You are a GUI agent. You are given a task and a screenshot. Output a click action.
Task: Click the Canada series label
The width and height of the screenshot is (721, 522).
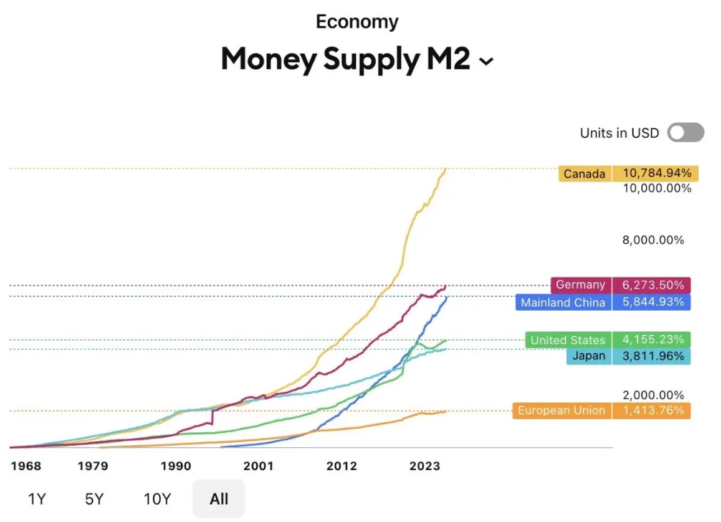pos(585,174)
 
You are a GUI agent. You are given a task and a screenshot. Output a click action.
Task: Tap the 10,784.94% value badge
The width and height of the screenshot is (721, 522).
pos(655,173)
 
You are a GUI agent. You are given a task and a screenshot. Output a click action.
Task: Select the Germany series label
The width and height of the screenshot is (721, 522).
pos(581,285)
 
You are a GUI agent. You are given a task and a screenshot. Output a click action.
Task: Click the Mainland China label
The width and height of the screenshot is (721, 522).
pos(563,302)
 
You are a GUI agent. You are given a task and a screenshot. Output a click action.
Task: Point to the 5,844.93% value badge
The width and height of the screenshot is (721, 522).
pos(652,302)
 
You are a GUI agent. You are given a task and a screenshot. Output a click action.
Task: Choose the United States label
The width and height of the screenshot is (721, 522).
pos(568,340)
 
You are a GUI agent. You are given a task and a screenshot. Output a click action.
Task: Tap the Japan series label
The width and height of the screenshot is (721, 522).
pos(588,357)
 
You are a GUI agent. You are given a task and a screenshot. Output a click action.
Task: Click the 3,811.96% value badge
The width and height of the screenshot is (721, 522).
pos(652,357)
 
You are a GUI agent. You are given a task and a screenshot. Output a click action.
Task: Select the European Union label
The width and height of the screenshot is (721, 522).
pos(561,410)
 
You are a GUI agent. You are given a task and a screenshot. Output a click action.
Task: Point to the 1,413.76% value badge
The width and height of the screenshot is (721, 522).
pos(652,410)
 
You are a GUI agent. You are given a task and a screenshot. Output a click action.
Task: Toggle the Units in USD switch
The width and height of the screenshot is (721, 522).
pos(685,133)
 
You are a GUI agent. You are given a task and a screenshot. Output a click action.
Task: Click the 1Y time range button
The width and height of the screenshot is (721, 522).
pos(37,499)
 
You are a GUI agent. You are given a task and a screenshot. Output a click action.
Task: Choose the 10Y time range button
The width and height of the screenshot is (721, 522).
pos(157,499)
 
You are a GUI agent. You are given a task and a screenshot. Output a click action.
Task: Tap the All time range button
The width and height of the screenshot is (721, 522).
pos(219,499)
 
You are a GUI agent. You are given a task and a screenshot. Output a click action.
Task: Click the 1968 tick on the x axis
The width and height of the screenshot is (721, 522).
pos(26,466)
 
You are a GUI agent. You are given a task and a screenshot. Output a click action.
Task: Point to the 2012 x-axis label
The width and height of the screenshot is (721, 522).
pos(341,466)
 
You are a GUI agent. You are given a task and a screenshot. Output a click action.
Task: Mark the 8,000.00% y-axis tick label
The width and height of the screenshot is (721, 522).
pos(653,240)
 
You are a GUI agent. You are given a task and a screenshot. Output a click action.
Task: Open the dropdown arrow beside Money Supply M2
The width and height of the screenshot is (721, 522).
pos(486,61)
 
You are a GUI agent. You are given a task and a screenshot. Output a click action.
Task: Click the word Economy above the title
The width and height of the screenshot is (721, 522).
pos(357,22)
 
